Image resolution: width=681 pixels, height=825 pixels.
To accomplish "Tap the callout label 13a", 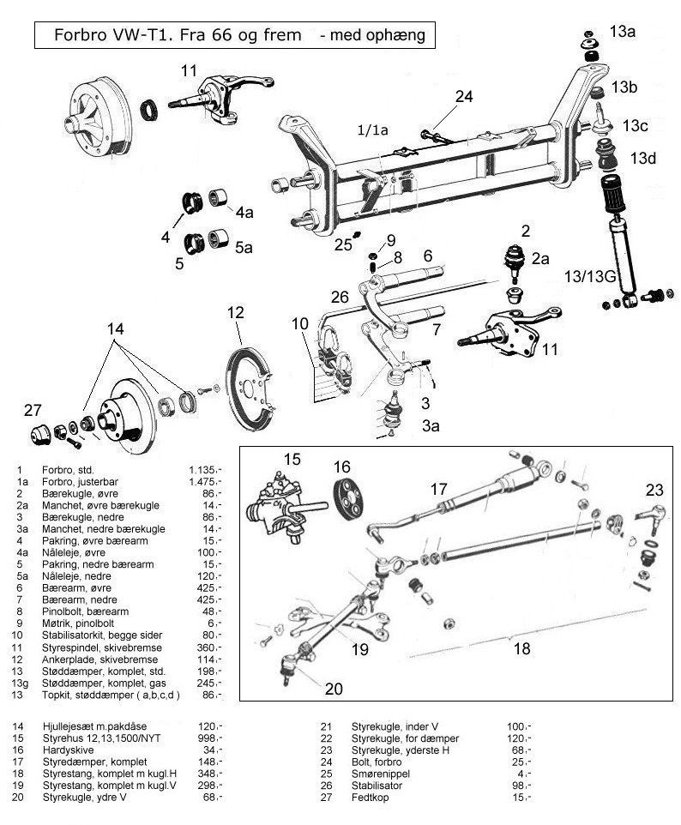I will pos(623,32).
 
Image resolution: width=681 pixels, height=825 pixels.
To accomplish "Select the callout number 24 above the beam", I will pos(463,97).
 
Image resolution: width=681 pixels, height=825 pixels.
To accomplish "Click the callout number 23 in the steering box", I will pos(654,491).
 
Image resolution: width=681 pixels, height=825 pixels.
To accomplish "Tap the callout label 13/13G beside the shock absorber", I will pos(589,275).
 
